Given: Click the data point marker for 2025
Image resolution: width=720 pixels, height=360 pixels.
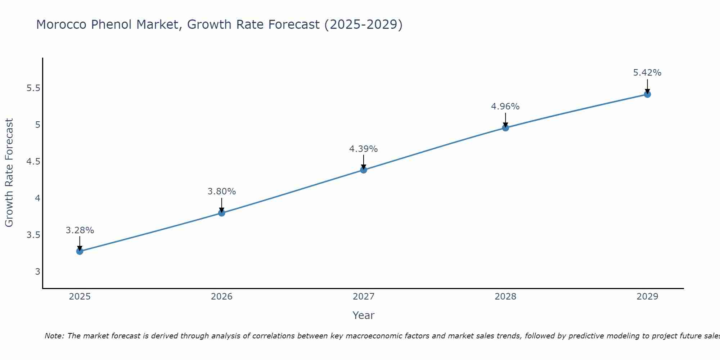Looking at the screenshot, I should pos(80,251).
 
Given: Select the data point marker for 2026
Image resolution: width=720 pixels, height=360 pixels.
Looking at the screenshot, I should pos(221,213).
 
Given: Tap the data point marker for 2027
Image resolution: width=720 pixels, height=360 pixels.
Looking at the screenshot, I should pos(363,170).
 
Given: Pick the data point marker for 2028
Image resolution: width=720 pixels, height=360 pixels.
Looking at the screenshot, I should pos(505,127).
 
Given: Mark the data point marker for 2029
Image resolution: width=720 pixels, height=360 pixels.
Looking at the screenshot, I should pos(647,94).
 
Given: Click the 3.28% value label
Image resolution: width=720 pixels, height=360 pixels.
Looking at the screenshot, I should pos(80,230).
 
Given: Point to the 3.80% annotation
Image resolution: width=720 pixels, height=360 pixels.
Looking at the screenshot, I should pos(221,192).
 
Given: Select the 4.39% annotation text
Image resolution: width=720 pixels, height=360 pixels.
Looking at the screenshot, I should pos(363,149).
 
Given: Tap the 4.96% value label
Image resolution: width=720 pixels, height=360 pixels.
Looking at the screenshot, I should pos(505,107).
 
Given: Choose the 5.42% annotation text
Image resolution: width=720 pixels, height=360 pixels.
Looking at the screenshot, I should pos(647,73).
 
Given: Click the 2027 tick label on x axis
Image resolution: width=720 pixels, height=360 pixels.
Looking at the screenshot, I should pos(363,297).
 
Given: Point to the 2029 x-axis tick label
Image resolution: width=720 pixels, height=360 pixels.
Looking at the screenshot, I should pos(647,297).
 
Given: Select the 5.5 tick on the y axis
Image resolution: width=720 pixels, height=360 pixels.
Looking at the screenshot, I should pos(33,88).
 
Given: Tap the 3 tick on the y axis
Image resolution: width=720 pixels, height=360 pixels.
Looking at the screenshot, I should pos(37,271).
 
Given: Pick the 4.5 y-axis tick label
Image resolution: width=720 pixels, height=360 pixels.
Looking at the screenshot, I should pos(33,162).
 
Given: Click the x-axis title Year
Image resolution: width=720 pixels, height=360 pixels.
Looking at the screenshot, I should pos(363,315).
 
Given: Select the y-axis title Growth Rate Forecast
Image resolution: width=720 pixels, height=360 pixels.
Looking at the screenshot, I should pos(9,173).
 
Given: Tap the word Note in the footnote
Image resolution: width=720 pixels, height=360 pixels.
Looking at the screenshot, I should pos(54,336).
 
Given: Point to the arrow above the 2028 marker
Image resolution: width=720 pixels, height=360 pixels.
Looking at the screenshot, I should pos(505,120).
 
